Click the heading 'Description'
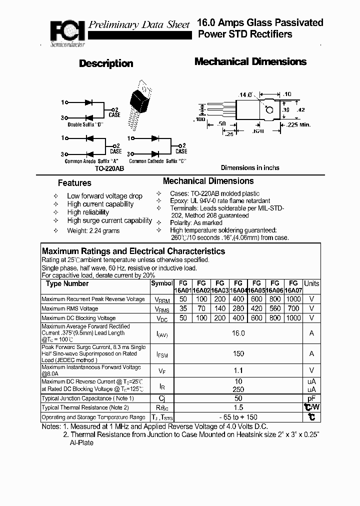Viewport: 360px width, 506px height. [106, 63]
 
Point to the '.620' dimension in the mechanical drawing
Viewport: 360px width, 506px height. [258, 131]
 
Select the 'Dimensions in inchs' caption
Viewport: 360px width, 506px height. [250, 168]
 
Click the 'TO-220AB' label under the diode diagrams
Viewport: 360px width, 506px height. [108, 169]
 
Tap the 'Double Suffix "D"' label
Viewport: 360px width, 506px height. [85, 124]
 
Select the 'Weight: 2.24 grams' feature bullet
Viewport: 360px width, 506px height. [93, 231]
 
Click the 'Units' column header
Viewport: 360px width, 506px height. [311, 283]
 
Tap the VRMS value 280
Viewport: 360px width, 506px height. [238, 308]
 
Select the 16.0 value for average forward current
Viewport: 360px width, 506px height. [238, 333]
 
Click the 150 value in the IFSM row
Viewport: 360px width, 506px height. [238, 353]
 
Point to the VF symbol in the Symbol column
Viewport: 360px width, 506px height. [161, 371]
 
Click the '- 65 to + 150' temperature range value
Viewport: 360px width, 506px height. [238, 417]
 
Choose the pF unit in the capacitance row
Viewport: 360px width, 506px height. [311, 398]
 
